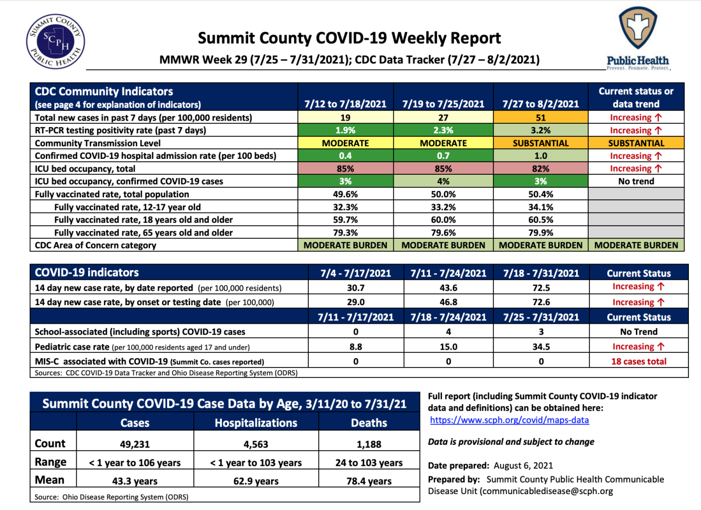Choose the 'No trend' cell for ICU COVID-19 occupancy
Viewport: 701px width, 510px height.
coord(635,181)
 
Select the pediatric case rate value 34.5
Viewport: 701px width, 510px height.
coord(541,347)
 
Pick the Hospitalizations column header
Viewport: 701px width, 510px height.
coord(256,422)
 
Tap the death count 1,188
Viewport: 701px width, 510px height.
coord(369,445)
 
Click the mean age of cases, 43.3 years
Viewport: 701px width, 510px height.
coord(135,482)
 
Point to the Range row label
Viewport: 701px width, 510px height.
coord(50,462)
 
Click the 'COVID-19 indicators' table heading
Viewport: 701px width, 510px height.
coord(87,272)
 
